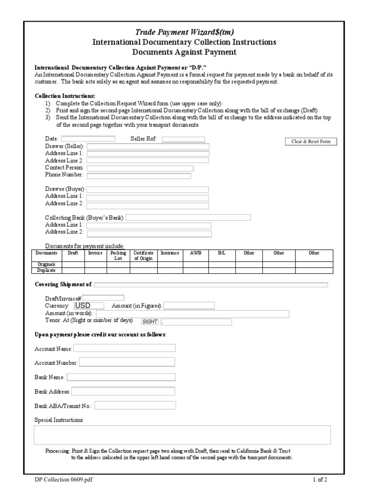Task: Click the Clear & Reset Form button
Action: click(x=311, y=141)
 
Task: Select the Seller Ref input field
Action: click(x=184, y=139)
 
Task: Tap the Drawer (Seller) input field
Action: click(x=148, y=147)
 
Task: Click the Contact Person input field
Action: click(x=140, y=168)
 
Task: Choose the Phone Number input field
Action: click(x=138, y=175)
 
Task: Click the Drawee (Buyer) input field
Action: click(x=148, y=189)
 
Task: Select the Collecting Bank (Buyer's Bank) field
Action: click(x=188, y=218)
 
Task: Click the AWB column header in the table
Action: click(x=196, y=253)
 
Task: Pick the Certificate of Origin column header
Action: click(x=143, y=255)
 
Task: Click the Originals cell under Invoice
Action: click(x=96, y=264)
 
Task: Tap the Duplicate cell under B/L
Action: click(x=221, y=270)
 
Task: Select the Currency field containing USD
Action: click(x=89, y=305)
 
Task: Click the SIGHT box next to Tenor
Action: click(x=150, y=322)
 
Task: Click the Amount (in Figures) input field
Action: click(x=189, y=306)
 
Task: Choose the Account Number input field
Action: click(x=127, y=362)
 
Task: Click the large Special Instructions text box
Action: click(x=182, y=435)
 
